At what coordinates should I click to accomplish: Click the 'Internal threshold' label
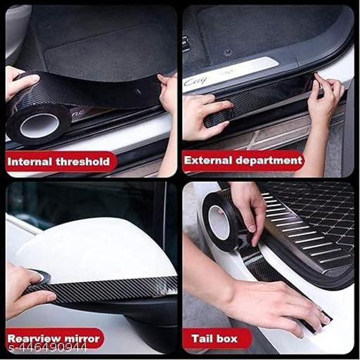point(58,162)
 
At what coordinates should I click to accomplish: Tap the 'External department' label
point(243,160)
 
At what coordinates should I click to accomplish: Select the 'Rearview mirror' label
point(53,338)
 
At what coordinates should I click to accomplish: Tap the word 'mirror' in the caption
point(83,338)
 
